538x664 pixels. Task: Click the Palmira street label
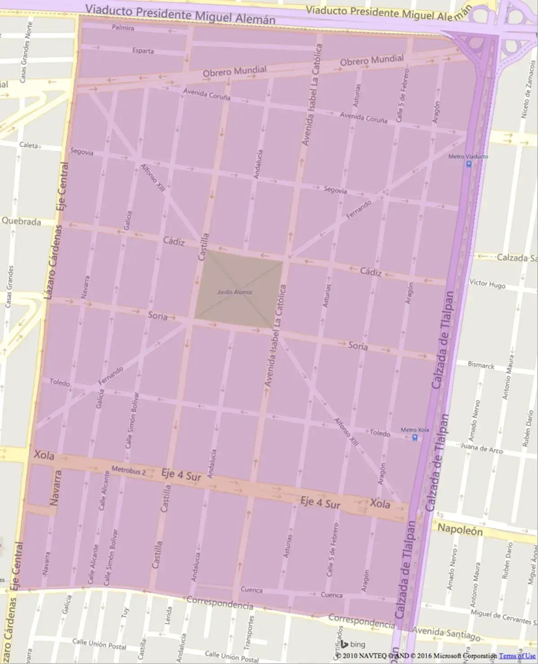pyautogui.click(x=123, y=28)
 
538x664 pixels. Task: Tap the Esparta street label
pyautogui.click(x=143, y=51)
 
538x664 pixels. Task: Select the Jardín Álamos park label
pyautogui.click(x=234, y=292)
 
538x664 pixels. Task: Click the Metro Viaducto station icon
pyautogui.click(x=469, y=164)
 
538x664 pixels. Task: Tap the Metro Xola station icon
pyautogui.click(x=415, y=438)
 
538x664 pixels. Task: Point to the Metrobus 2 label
pyautogui.click(x=129, y=471)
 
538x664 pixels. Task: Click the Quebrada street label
pyautogui.click(x=21, y=221)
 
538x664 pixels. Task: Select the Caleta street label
pyautogui.click(x=29, y=146)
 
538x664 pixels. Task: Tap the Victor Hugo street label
pyautogui.click(x=487, y=284)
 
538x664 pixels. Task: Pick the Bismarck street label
pyautogui.click(x=481, y=365)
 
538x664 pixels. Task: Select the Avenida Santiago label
pyautogui.click(x=446, y=633)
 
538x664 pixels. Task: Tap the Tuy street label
pyautogui.click(x=125, y=612)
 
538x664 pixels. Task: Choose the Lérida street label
pyautogui.click(x=169, y=616)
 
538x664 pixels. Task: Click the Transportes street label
pyautogui.click(x=249, y=632)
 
